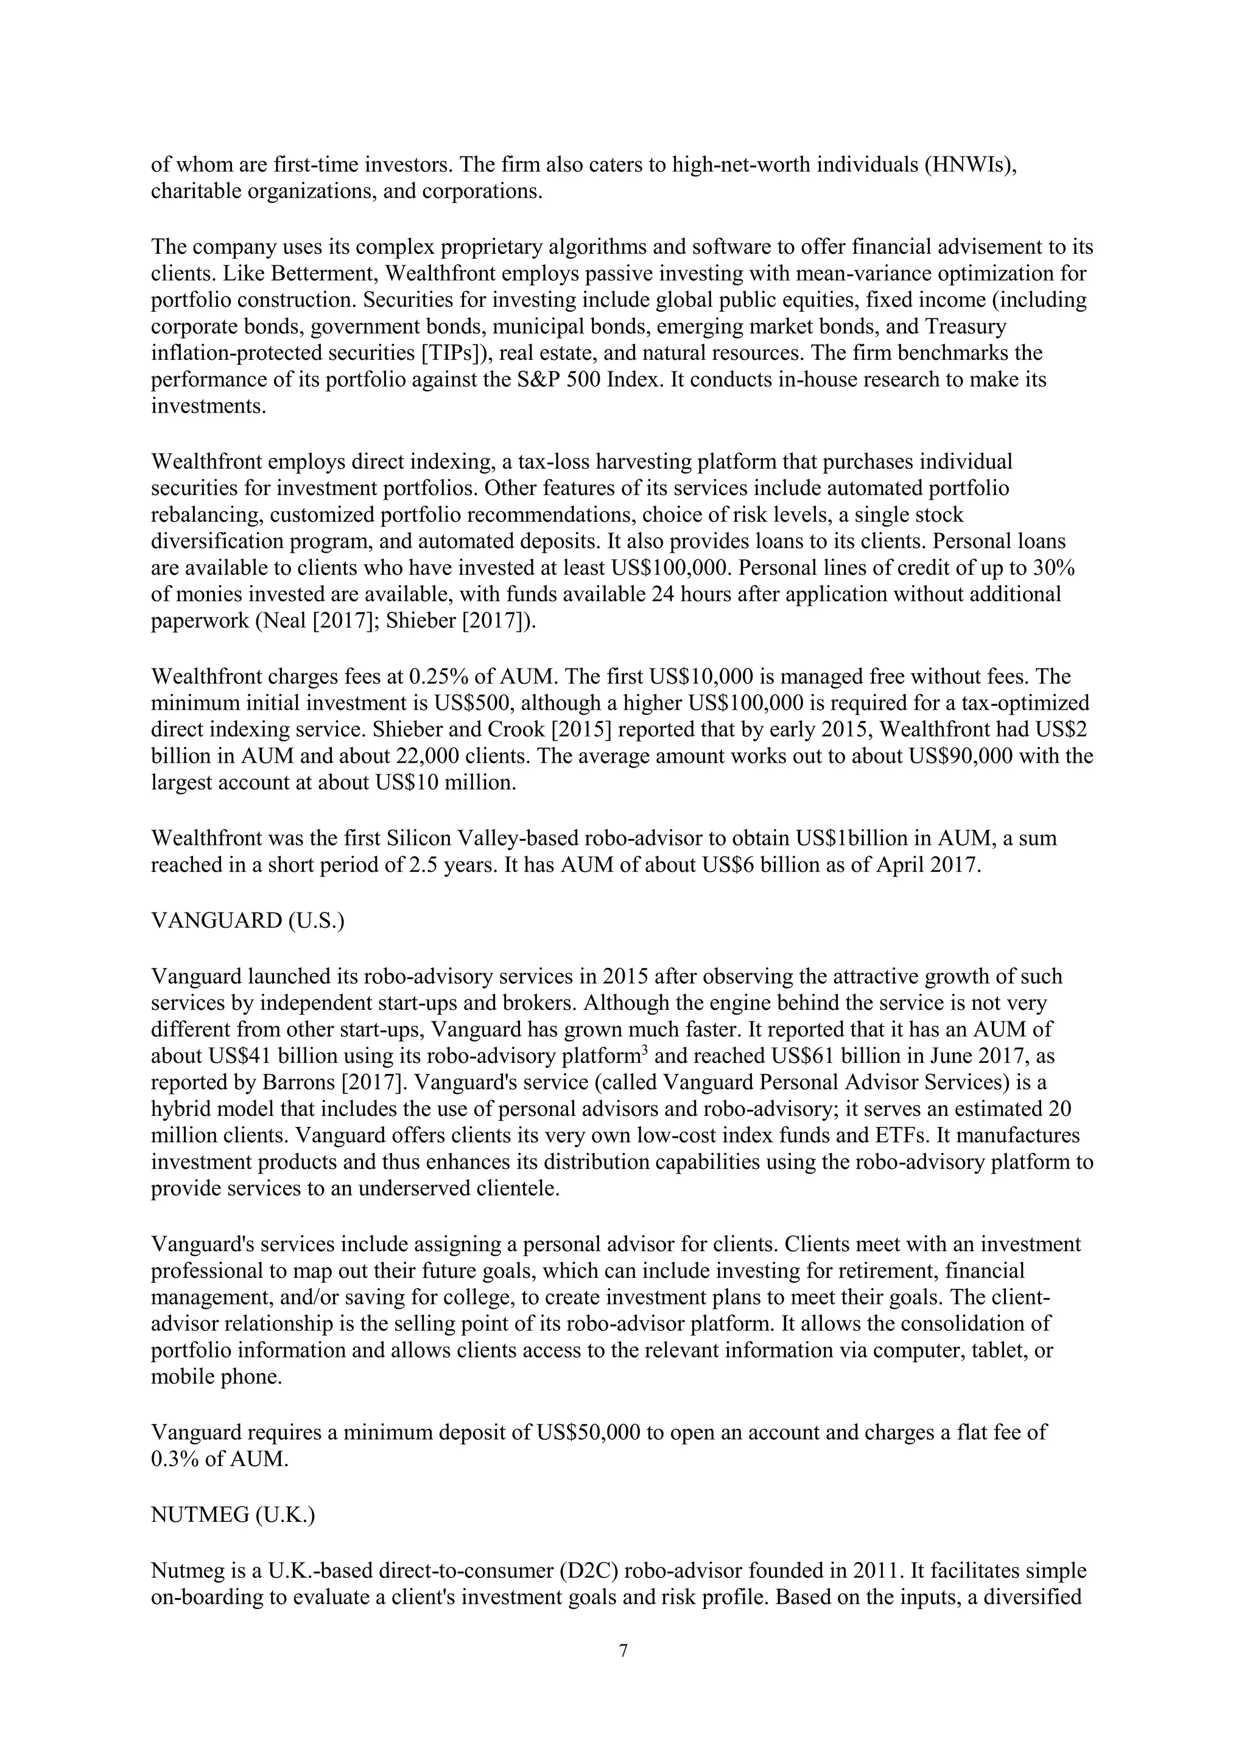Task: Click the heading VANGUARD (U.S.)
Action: pyautogui.click(x=247, y=920)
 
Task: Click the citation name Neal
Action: pyautogui.click(x=297, y=621)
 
